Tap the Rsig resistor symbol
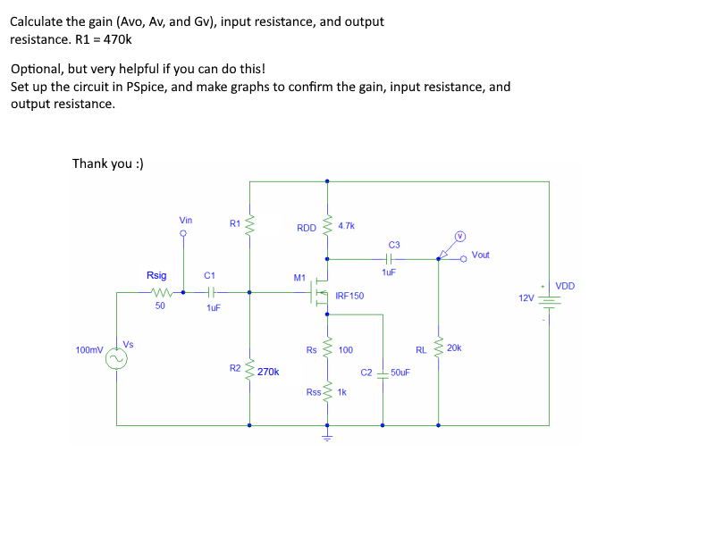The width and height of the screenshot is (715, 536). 161,292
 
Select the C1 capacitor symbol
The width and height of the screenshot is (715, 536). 211,292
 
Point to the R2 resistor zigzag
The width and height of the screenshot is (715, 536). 249,369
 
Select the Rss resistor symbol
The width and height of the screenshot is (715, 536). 327,392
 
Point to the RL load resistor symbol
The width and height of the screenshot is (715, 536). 438,349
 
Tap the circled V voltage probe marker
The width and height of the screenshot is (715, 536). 460,237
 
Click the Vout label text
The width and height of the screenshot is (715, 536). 481,255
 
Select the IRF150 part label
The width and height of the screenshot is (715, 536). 349,295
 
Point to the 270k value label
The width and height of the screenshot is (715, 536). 268,372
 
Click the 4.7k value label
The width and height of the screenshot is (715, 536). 347,226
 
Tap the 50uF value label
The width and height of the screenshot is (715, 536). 400,372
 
